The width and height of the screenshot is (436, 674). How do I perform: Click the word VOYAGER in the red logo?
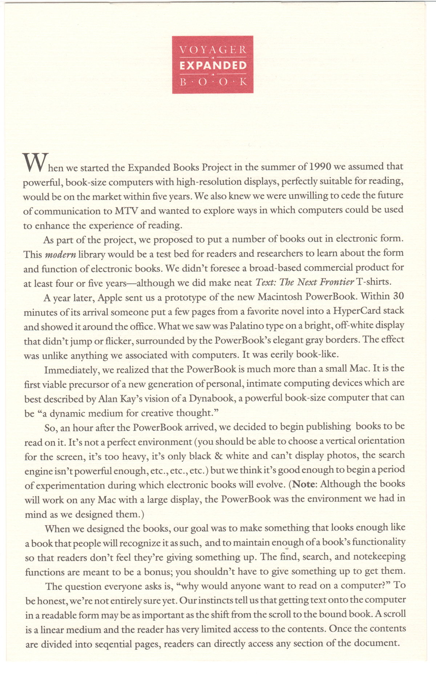click(213, 49)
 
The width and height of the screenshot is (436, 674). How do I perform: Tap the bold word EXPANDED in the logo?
click(213, 66)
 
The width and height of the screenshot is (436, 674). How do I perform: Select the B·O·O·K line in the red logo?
click(213, 82)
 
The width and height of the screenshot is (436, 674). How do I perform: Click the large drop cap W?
click(35, 163)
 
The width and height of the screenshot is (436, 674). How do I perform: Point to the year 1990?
click(320, 167)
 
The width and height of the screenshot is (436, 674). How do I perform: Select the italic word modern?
click(60, 254)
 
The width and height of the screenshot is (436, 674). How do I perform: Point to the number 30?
click(398, 296)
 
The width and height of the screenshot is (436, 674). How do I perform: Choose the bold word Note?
click(304, 484)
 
